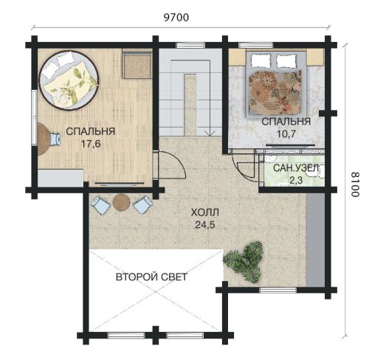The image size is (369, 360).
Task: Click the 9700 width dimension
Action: (x=176, y=18)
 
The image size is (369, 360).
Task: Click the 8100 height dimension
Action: (x=355, y=184)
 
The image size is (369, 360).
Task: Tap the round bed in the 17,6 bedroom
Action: (x=69, y=80)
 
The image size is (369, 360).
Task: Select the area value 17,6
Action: (x=91, y=144)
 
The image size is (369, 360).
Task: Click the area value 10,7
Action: (x=286, y=134)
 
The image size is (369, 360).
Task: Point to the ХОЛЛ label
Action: (x=205, y=212)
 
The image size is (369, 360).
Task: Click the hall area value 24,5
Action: (x=205, y=224)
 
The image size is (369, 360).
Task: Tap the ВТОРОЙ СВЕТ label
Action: (x=151, y=277)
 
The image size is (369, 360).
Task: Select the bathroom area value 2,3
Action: (x=296, y=181)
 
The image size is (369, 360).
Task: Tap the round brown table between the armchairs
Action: (x=121, y=203)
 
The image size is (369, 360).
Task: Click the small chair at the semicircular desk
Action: (x=55, y=139)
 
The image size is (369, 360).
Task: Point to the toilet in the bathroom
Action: (x=319, y=171)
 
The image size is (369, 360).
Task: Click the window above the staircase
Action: (x=190, y=45)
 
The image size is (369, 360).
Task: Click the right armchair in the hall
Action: (x=142, y=204)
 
